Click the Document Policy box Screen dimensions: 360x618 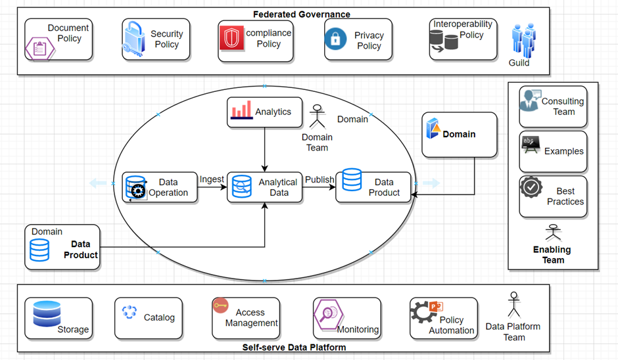[57, 39]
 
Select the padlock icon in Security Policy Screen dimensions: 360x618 [133, 39]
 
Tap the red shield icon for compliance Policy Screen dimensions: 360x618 [231, 39]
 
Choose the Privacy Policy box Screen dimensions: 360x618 [358, 40]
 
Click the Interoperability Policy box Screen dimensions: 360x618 [463, 39]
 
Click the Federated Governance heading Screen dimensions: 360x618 [302, 14]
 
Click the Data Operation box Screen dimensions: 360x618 [160, 187]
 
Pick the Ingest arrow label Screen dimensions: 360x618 [212, 179]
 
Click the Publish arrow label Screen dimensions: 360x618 [319, 179]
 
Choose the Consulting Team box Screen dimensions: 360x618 [552, 106]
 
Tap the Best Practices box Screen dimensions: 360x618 [552, 196]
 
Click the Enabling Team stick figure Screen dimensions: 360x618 [552, 233]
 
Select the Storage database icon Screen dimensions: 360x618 [47, 314]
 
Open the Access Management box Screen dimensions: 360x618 [245, 318]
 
